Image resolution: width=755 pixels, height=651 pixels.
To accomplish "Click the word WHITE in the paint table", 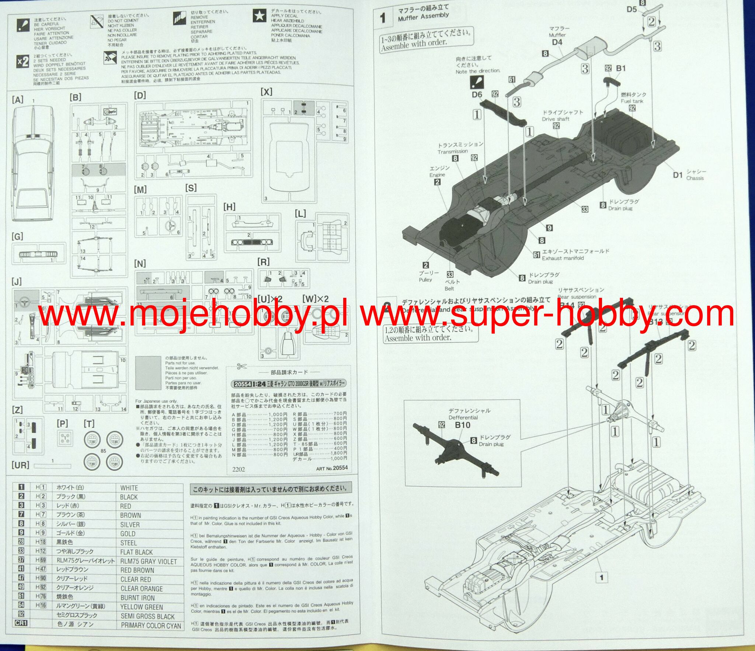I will pos(129,488).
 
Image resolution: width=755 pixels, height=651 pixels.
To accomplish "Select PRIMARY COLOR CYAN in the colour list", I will pos(151,625).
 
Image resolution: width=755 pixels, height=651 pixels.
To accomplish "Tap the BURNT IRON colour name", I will pos(138,598).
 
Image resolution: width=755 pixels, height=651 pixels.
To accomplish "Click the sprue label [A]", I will pos(18,99).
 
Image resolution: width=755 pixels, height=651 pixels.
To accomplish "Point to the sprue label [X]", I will pos(266,92).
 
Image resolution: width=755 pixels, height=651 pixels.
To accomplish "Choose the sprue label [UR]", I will pos(20,465).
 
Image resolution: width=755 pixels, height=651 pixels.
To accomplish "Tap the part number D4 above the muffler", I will pos(557,42).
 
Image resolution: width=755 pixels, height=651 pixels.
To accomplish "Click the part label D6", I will pos(477,95).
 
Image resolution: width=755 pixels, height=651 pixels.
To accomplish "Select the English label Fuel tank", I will pos(632,101).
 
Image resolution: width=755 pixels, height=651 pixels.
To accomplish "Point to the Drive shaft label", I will pos(556,119).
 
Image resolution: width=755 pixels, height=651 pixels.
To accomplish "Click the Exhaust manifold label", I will pos(563,258).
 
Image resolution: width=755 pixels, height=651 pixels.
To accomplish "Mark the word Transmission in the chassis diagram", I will pos(453,151).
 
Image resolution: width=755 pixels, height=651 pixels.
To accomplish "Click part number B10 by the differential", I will pos(462,425).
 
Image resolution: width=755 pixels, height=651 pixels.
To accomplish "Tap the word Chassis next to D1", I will pos(695,178).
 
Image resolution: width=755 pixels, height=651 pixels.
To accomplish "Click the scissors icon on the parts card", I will pos(241,366).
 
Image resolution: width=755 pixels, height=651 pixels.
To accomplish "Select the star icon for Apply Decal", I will pos(260,16).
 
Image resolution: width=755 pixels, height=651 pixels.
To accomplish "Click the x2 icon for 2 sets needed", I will pos(23,61).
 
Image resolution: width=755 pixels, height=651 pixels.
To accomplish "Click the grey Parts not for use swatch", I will pos(148,373).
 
